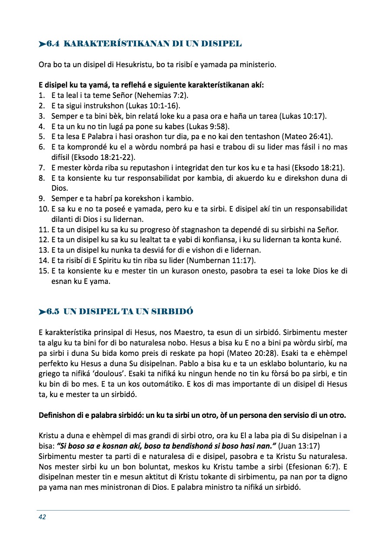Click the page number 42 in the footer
point(42,517)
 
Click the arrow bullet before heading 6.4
point(42,44)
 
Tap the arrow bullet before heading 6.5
point(42,312)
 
